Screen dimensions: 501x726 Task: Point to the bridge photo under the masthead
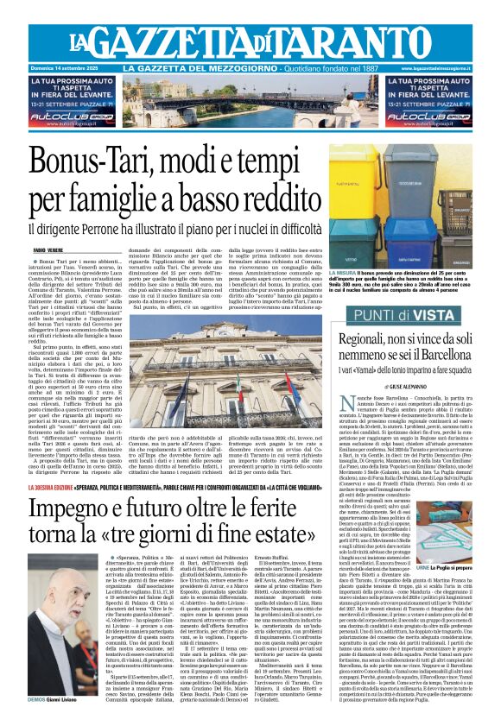250,101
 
